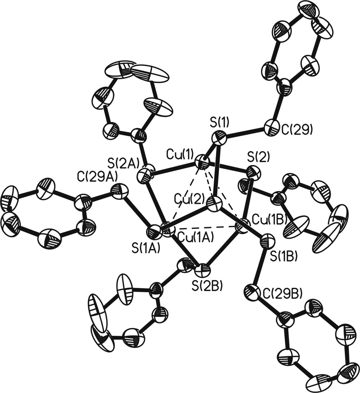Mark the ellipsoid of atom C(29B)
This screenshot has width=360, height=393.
tap(253, 291)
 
